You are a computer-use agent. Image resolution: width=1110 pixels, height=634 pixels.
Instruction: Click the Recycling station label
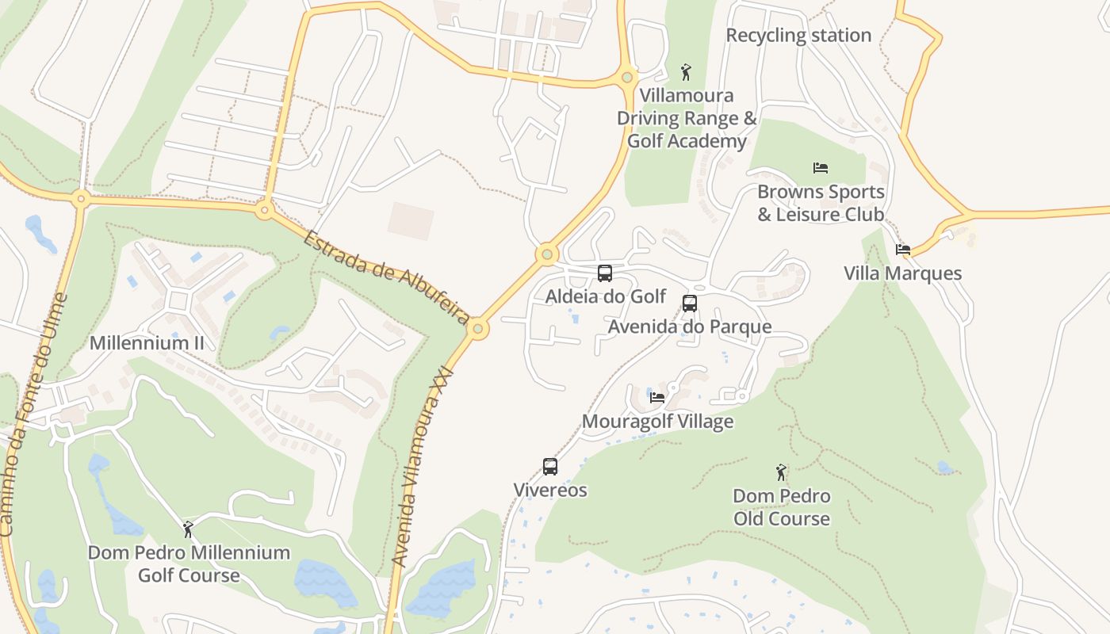pos(798,36)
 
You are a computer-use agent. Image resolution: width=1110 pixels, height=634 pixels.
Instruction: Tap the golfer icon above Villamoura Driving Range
pos(686,72)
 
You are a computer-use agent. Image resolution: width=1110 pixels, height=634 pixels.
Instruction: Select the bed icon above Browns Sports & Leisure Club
pos(821,168)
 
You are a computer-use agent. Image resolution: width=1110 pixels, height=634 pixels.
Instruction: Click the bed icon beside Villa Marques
pos(902,250)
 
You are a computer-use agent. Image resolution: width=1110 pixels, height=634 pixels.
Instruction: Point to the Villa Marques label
pos(902,274)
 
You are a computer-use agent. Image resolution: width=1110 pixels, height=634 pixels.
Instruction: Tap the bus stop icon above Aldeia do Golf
pos(605,273)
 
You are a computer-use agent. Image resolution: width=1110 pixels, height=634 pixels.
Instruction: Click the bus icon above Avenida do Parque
pos(690,303)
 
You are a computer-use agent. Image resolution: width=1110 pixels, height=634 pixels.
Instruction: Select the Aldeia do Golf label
pos(606,296)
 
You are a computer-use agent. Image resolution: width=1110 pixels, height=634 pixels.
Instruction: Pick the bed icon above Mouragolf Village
pos(657,397)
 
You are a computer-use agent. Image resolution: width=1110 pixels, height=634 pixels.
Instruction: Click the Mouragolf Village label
pos(657,422)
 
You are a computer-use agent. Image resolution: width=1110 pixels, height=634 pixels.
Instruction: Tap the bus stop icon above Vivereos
pos(550,466)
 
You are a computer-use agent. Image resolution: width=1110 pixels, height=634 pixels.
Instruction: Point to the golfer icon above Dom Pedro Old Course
pos(781,472)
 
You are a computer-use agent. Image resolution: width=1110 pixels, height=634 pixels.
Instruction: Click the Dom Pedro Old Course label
pos(781,507)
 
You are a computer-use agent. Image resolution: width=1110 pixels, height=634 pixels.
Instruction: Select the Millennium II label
pos(147,343)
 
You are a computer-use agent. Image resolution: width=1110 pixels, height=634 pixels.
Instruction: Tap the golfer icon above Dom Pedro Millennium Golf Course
pos(188,529)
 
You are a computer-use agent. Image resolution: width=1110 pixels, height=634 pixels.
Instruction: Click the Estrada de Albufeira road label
pos(386,277)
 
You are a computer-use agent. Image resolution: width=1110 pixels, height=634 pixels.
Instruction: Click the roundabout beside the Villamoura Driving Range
pos(627,77)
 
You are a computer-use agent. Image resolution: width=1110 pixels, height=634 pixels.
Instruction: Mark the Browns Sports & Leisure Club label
pos(821,203)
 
